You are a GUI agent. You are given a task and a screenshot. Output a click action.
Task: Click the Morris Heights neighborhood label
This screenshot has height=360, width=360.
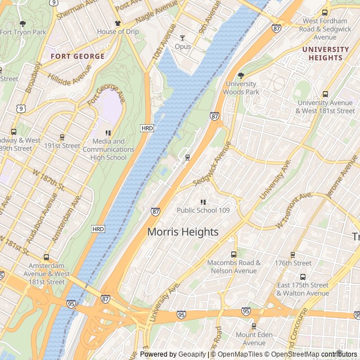click(x=183, y=231)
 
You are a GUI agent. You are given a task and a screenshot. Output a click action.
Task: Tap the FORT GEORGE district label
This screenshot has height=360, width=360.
click(x=78, y=56)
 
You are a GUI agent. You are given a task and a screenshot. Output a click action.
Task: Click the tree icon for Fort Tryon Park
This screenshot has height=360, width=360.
click(x=22, y=24)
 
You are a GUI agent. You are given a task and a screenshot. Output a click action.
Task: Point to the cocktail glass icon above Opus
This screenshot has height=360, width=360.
click(x=182, y=38)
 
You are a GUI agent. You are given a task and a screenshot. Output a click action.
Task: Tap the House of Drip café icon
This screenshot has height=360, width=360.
click(x=117, y=23)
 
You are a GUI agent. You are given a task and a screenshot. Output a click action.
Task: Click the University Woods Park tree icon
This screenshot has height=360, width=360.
click(x=241, y=75)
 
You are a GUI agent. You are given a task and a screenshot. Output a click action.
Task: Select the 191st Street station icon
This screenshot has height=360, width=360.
click(x=62, y=137)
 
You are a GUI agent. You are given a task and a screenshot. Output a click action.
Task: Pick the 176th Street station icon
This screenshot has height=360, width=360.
click(x=293, y=254)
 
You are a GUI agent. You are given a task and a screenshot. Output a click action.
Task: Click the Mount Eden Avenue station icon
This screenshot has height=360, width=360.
click(x=254, y=326)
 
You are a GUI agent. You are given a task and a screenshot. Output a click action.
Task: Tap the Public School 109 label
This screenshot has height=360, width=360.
click(x=203, y=210)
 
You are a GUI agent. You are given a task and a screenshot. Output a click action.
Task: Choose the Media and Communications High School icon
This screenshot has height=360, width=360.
click(x=108, y=133)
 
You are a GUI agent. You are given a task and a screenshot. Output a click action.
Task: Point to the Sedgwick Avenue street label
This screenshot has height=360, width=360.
click(x=211, y=164)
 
